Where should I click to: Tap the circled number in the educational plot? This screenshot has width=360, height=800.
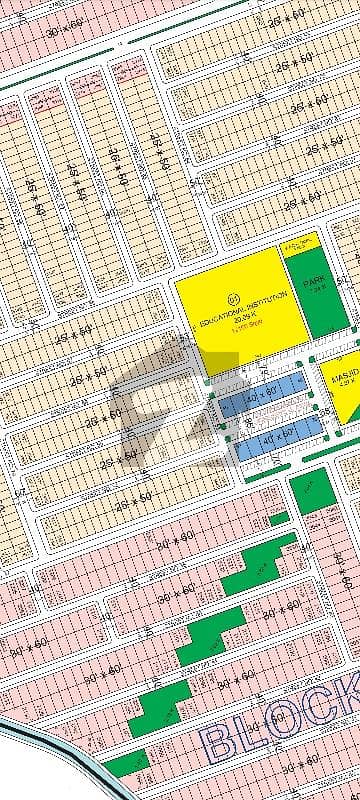click(x=234, y=296)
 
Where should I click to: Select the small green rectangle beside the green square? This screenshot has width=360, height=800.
click(x=280, y=518)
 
